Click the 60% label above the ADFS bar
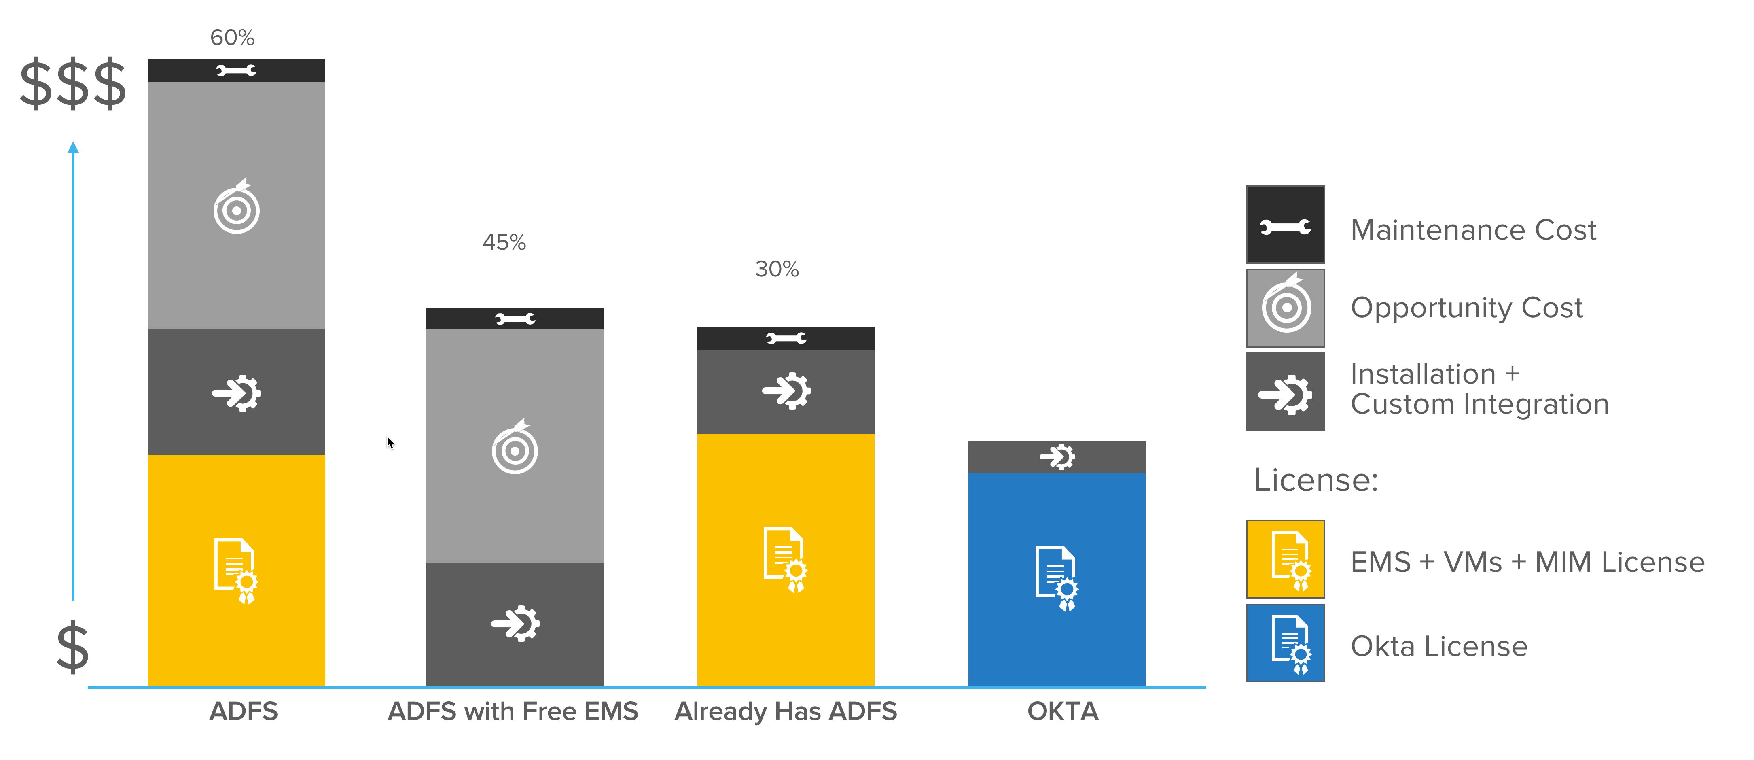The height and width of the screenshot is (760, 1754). (232, 38)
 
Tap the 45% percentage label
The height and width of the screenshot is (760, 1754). (504, 242)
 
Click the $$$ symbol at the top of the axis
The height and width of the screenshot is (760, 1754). (73, 85)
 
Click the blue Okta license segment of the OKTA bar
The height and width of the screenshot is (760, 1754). (1056, 579)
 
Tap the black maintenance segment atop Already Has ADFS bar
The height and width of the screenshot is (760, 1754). (785, 338)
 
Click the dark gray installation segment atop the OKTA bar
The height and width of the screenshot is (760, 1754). (1056, 456)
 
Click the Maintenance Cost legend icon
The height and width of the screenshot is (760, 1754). (1285, 225)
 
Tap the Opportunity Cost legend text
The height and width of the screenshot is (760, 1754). (1467, 308)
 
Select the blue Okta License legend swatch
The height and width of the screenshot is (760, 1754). (1285, 643)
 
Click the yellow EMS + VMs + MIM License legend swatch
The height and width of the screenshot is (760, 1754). (1285, 559)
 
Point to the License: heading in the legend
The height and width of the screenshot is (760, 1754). (1315, 480)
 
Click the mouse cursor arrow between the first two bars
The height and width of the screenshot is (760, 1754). (390, 443)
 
